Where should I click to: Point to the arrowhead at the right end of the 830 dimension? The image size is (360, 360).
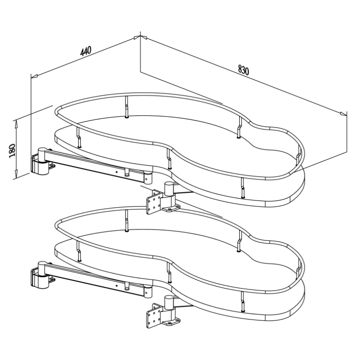point(344,114)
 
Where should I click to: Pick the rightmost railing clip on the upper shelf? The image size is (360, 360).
point(298,156)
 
